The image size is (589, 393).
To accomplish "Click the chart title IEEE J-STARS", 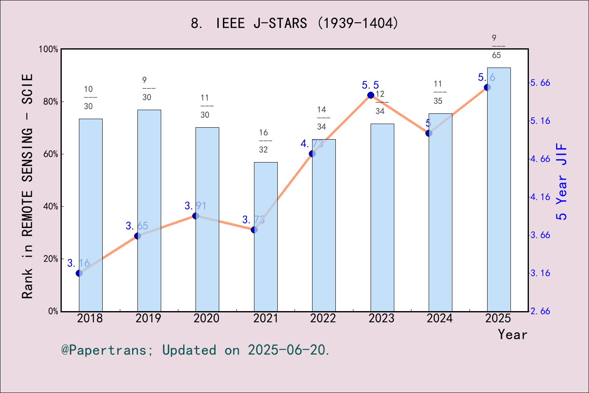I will [294, 23].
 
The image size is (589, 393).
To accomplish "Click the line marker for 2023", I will [371, 95].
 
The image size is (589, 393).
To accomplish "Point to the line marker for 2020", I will [196, 216].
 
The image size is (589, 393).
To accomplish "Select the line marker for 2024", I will [429, 133].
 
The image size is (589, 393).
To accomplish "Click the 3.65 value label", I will [137, 226].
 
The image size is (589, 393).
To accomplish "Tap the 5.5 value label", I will [370, 85].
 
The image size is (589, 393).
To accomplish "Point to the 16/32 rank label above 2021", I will [263, 141].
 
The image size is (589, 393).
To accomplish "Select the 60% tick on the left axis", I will [51, 154].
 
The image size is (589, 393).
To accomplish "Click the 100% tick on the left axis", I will [49, 49].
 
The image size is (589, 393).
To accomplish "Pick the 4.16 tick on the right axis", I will [540, 197].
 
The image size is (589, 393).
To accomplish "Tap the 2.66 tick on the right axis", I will [540, 311].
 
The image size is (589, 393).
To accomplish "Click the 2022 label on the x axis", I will [323, 318].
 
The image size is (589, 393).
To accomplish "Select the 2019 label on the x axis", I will [148, 318].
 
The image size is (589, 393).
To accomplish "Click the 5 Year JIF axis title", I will [562, 181].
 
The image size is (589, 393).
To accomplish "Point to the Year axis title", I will [512, 335].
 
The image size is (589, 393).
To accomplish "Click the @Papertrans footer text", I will [196, 350].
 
